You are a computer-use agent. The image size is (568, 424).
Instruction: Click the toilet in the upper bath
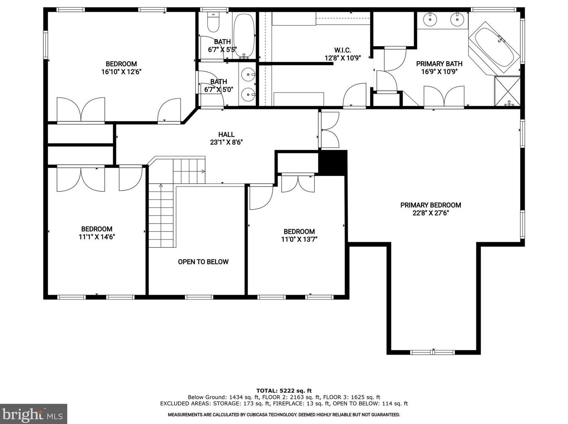213,23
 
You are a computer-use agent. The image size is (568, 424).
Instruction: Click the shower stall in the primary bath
507,91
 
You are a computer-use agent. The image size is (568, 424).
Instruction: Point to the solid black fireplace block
333,163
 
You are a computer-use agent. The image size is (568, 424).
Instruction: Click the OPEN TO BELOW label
203,262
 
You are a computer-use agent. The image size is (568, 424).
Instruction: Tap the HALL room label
226,134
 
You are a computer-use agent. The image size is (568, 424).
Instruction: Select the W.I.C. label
343,50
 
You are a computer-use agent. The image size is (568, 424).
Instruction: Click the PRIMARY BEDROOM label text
431,205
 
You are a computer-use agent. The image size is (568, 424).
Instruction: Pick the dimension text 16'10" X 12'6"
121,72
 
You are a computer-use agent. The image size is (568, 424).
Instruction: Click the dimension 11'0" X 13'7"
299,239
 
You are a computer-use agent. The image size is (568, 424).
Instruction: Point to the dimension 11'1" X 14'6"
97,237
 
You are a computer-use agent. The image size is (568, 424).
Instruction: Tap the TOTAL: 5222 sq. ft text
284,391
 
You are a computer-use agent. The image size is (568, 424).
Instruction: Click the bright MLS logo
33,414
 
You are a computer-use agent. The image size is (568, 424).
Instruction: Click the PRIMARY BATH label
439,64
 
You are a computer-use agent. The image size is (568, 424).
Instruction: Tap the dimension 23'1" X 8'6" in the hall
226,142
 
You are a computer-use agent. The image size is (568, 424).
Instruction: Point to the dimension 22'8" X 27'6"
431,213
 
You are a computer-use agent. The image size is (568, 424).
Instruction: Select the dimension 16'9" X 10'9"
439,72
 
